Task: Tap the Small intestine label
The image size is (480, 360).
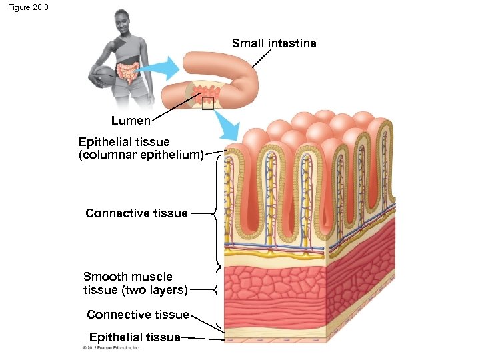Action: click(x=274, y=43)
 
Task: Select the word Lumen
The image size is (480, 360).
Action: click(x=131, y=121)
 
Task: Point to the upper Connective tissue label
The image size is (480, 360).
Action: click(x=137, y=213)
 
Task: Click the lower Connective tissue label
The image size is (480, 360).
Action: click(x=137, y=314)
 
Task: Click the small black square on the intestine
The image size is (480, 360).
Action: click(x=207, y=103)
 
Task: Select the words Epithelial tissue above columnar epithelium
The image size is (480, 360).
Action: click(x=124, y=142)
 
